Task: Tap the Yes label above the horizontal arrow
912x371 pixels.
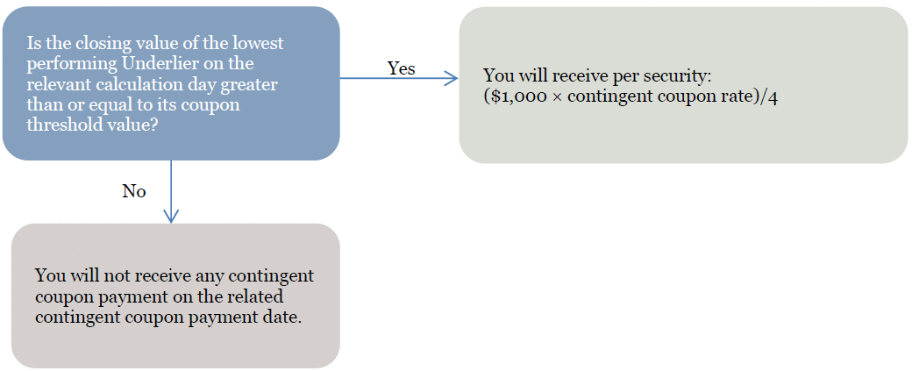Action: coord(402,68)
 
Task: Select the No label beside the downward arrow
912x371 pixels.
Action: coord(134,191)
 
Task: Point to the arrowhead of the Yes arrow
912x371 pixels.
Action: coord(452,78)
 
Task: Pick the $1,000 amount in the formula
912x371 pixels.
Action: coord(512,96)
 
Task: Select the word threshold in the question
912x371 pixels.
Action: coord(55,125)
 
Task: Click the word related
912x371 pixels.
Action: coord(254,297)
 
